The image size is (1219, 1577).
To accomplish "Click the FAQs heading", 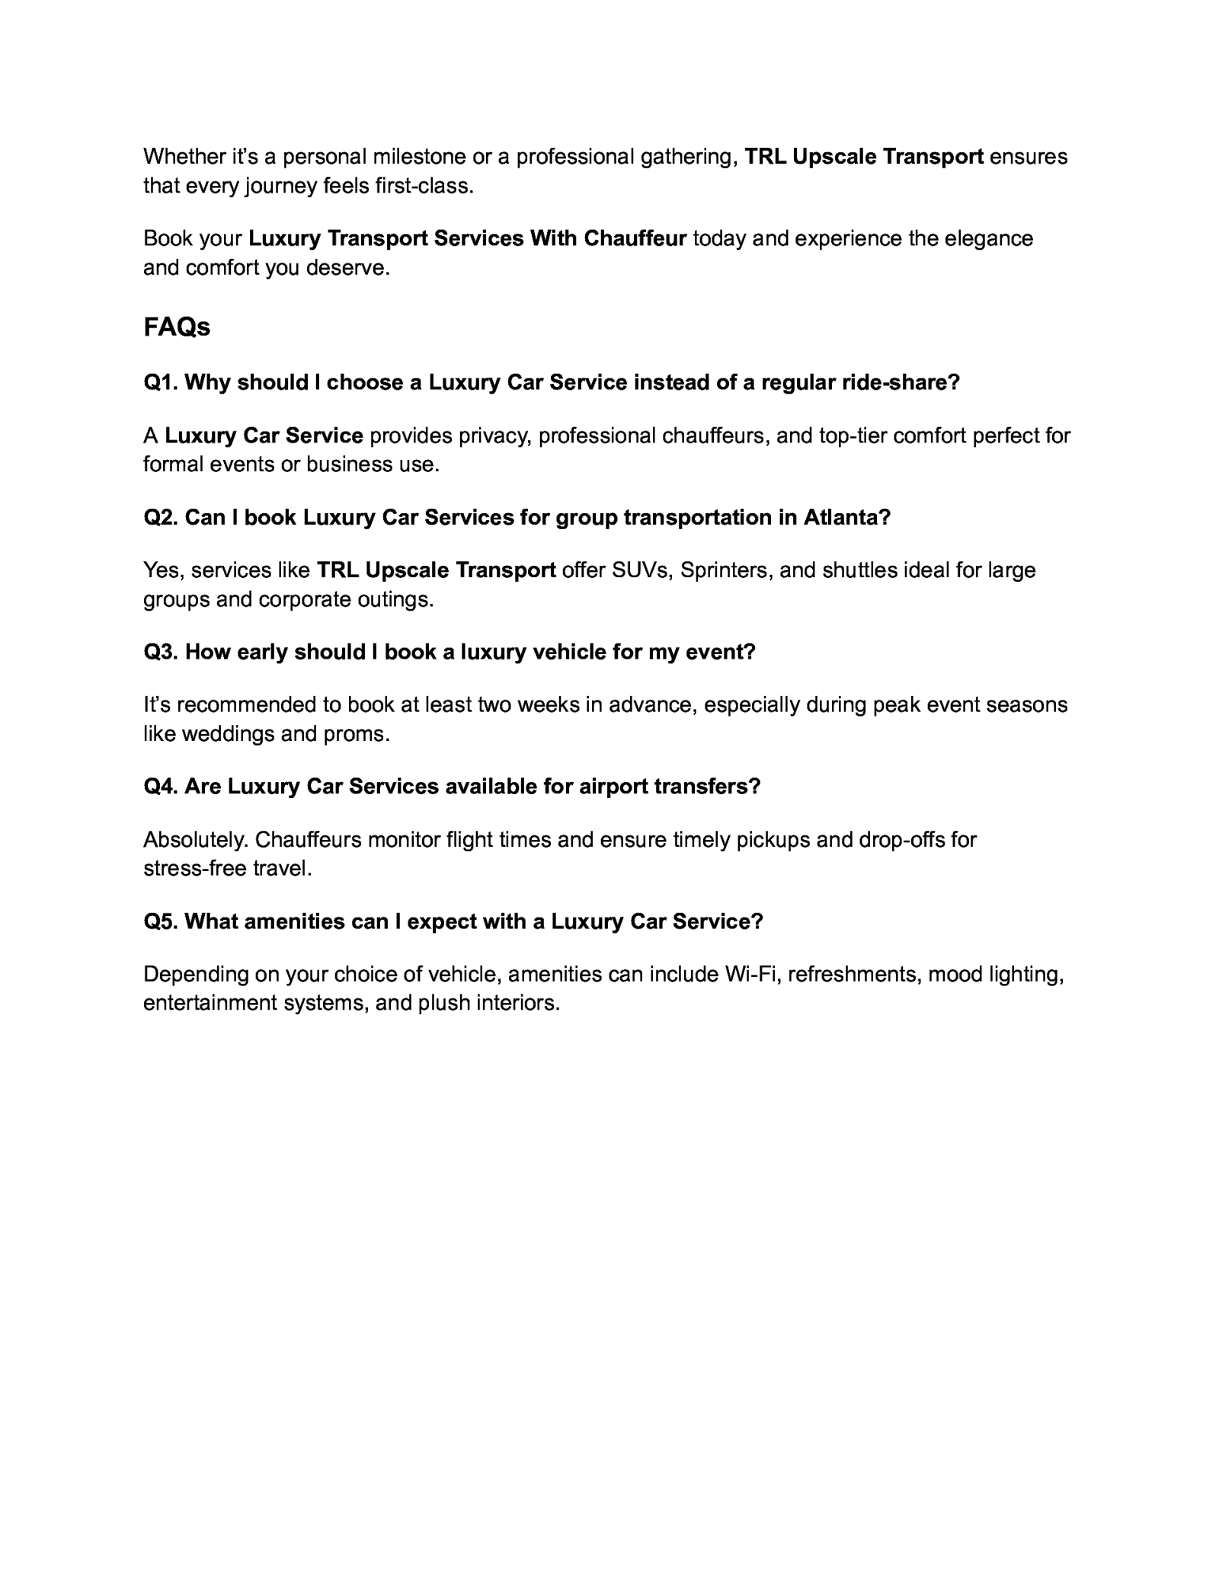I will (177, 327).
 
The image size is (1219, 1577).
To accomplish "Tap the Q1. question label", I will (161, 382).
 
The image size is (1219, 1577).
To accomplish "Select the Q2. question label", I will (161, 518).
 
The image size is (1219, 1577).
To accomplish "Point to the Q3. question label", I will (161, 652).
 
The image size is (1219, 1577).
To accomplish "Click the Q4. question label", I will (161, 786).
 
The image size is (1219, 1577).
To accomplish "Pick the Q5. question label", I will (161, 921).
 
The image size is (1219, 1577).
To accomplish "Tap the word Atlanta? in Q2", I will (846, 518).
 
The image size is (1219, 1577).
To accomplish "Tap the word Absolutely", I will (196, 840).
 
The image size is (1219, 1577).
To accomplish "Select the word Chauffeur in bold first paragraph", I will (635, 238).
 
